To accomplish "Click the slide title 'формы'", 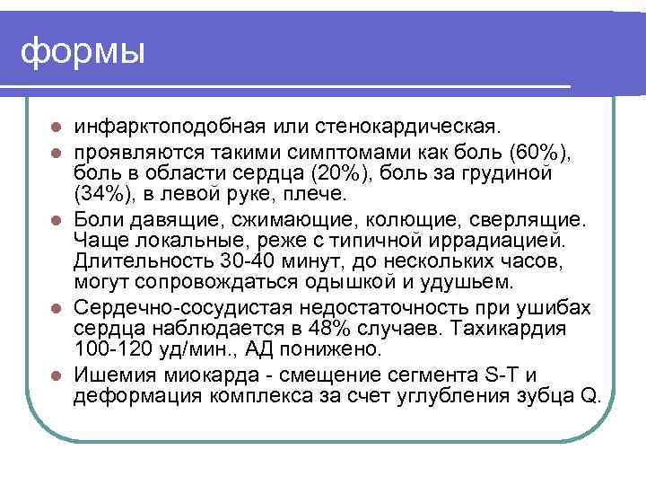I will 83,52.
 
